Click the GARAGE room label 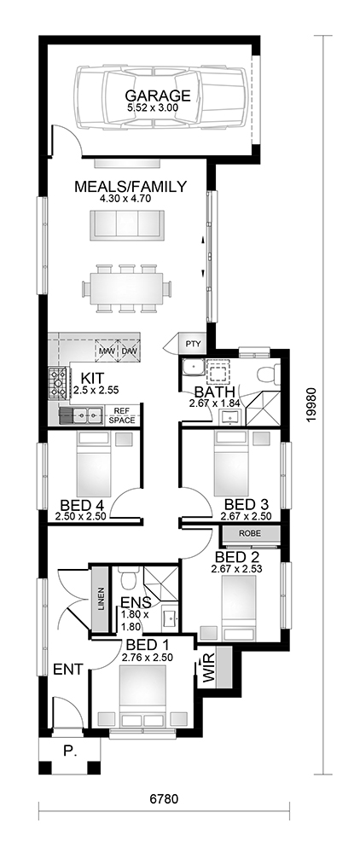(158, 96)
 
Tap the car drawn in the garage (161, 97)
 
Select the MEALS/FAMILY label (131, 187)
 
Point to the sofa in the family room (127, 224)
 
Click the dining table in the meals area (127, 288)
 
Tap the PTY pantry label (193, 344)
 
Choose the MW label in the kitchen (107, 351)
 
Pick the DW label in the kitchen (130, 351)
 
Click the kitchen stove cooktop (58, 383)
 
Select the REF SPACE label (122, 415)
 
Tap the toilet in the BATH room (269, 375)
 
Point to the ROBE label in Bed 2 (250, 534)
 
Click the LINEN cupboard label (101, 600)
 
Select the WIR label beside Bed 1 (209, 670)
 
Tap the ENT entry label (68, 670)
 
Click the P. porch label (69, 751)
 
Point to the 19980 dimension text (310, 405)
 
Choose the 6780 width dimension (164, 799)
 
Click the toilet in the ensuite (128, 579)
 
